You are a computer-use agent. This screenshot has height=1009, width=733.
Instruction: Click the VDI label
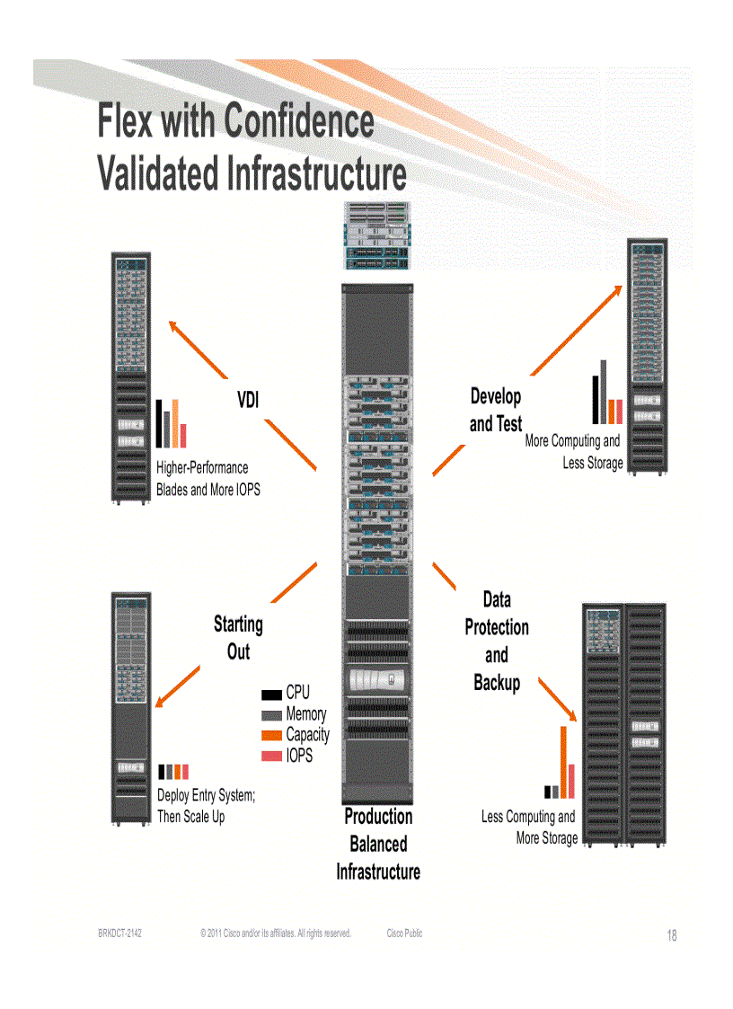pyautogui.click(x=248, y=400)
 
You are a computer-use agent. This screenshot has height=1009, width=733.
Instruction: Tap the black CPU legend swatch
pyautogui.click(x=271, y=695)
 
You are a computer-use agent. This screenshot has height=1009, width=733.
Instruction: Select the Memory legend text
pyautogui.click(x=306, y=714)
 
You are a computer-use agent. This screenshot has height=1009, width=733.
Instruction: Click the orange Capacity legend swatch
pyautogui.click(x=271, y=736)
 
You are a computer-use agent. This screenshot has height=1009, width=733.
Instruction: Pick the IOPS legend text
pyautogui.click(x=299, y=757)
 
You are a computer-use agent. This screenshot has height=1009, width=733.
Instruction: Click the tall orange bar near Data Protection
pyautogui.click(x=564, y=762)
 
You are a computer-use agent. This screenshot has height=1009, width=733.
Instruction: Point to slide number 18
pyautogui.click(x=672, y=936)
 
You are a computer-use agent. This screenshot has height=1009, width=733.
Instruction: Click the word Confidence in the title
pyautogui.click(x=299, y=121)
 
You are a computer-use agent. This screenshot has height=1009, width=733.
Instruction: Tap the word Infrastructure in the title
pyautogui.click(x=316, y=173)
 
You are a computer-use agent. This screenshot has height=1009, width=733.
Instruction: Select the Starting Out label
pyautogui.click(x=238, y=637)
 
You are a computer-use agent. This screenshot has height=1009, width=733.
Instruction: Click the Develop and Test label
pyautogui.click(x=495, y=410)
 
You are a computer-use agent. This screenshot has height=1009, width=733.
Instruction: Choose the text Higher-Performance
pyautogui.click(x=202, y=468)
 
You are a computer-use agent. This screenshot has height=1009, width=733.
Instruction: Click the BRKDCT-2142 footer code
pyautogui.click(x=119, y=934)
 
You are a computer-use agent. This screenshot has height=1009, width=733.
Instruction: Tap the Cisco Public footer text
pyautogui.click(x=404, y=934)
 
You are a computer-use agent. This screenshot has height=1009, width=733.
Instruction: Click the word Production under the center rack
pyautogui.click(x=378, y=817)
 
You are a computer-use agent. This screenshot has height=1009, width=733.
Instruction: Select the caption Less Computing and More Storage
pyautogui.click(x=529, y=828)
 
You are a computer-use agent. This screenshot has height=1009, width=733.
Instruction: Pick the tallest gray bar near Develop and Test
pyautogui.click(x=604, y=391)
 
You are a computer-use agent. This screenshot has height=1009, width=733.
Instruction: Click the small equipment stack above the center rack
pyautogui.click(x=375, y=235)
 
